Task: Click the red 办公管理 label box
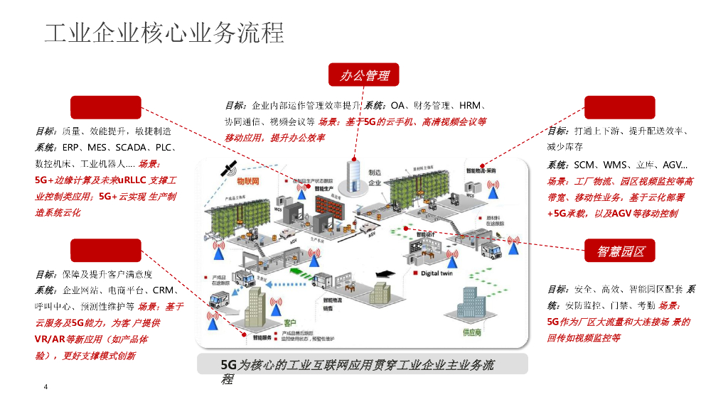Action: click(x=364, y=75)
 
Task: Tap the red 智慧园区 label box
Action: click(x=615, y=251)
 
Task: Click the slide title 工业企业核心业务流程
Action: click(x=164, y=33)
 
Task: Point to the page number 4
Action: click(x=45, y=387)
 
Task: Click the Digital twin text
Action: click(x=438, y=273)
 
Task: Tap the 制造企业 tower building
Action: click(x=355, y=175)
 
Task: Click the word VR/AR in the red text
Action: click(x=49, y=339)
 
